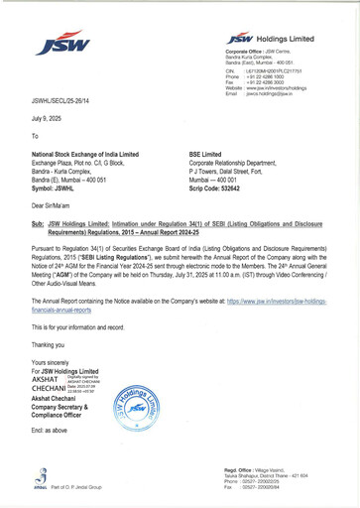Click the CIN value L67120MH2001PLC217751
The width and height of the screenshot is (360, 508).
[273, 70]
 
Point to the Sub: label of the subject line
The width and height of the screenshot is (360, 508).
[40, 225]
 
